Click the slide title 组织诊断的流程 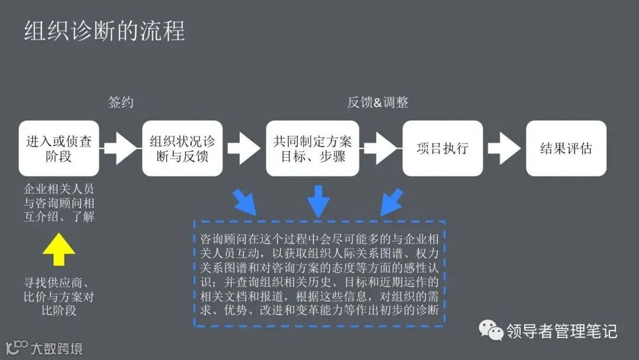pyautogui.click(x=104, y=30)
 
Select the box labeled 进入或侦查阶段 pyautogui.click(x=59, y=149)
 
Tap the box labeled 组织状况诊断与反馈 pyautogui.click(x=182, y=149)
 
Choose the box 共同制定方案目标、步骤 pyautogui.click(x=312, y=149)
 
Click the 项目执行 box pyautogui.click(x=442, y=149)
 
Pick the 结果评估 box pyautogui.click(x=566, y=149)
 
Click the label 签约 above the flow pyautogui.click(x=121, y=102)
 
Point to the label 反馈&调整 pyautogui.click(x=377, y=102)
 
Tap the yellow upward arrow pyautogui.click(x=59, y=249)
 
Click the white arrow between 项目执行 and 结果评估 pyautogui.click(x=504, y=149)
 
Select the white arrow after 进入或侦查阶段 pyautogui.click(x=121, y=149)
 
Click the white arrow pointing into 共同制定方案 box pyautogui.click(x=244, y=149)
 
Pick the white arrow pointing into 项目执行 pyautogui.click(x=380, y=149)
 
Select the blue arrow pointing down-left pyautogui.click(x=390, y=202)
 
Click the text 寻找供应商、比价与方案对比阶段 pyautogui.click(x=59, y=295)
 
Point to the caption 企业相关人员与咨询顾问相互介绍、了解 pyautogui.click(x=59, y=203)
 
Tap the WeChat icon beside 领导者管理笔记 pyautogui.click(x=490, y=330)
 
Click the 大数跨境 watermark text pyautogui.click(x=57, y=348)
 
